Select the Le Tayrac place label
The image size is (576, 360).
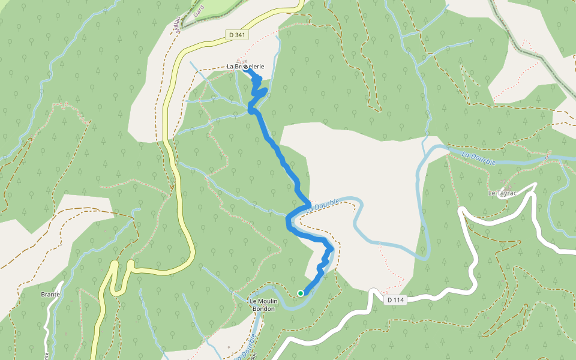(x=502, y=193)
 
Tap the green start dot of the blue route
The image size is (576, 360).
(x=300, y=293)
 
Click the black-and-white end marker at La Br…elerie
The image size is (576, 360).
(x=245, y=67)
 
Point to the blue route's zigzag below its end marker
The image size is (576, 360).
(x=258, y=90)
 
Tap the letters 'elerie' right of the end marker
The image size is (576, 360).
(x=256, y=67)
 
